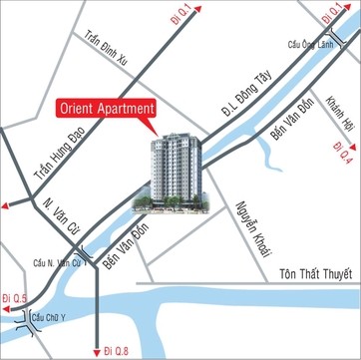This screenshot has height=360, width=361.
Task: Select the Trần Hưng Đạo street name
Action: [x=43, y=160]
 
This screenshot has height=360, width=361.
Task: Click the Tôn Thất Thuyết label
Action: [x=318, y=274]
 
